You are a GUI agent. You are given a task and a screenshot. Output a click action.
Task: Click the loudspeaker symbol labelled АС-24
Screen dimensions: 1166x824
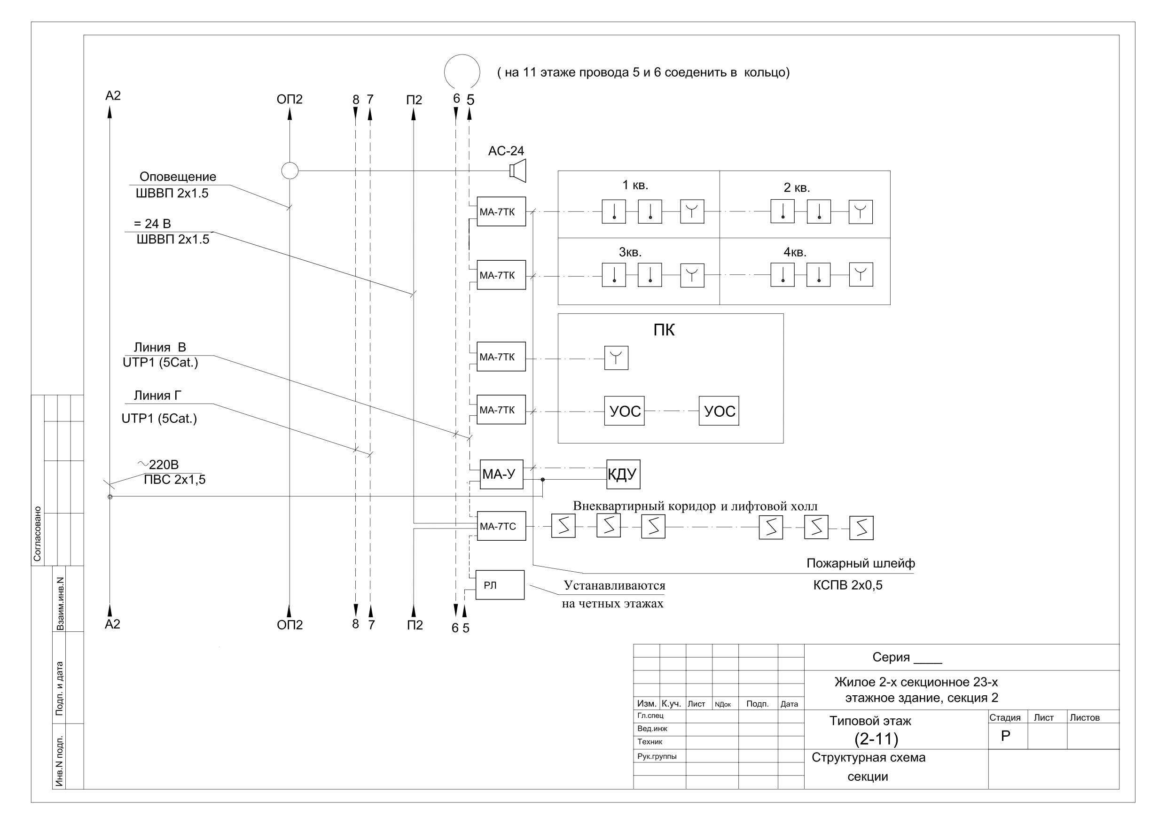point(518,171)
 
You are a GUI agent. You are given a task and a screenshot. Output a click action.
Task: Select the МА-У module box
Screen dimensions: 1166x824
point(501,474)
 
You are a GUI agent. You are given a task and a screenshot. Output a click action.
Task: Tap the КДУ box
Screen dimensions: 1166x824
point(623,474)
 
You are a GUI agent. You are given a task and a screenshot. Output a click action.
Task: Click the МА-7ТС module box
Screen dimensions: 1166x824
point(501,526)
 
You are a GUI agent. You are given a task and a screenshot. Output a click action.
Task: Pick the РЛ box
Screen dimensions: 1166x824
point(500,585)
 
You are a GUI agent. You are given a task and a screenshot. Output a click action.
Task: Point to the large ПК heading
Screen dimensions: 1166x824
point(664,330)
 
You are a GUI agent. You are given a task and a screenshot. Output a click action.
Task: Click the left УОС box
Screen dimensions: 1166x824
point(624,411)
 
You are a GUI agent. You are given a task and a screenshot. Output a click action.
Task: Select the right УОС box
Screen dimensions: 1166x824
point(719,411)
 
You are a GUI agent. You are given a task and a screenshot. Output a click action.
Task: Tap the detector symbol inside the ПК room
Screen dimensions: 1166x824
point(616,358)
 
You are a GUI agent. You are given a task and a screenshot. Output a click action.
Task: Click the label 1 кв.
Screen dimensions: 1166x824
point(635,185)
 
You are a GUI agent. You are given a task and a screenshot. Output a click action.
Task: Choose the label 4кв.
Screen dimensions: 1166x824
point(795,252)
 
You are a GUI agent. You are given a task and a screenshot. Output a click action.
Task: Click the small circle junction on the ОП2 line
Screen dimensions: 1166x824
point(290,171)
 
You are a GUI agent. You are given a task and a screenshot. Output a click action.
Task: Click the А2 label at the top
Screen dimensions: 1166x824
point(113,95)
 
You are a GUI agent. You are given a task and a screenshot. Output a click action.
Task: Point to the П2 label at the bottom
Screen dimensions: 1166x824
point(415,625)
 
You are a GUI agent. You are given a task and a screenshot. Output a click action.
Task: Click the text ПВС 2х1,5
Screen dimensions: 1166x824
point(175,480)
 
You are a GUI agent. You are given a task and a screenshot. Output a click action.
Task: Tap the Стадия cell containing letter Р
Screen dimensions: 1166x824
point(1008,736)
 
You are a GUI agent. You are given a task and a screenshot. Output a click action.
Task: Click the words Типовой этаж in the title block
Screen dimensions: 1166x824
point(870,721)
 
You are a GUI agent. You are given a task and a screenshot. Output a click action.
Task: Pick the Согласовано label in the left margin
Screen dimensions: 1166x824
point(37,534)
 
